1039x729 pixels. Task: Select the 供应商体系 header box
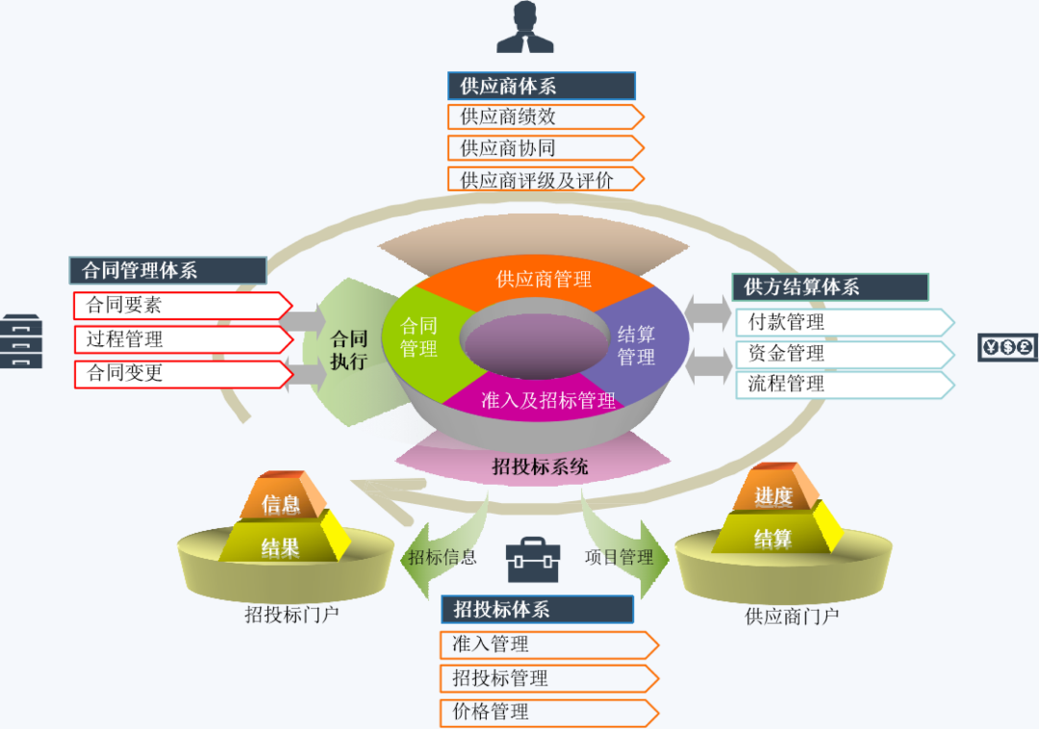541,86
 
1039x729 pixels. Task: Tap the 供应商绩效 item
545,117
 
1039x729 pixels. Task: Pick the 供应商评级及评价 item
545,179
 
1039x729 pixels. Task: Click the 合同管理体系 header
167,270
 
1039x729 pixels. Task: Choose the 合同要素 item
182,306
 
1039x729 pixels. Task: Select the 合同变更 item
182,373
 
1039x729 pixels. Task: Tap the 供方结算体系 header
830,287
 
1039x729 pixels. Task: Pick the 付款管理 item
844,322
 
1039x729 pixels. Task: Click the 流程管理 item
844,385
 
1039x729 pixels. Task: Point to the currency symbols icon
1008,347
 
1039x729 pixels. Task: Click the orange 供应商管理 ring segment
544,280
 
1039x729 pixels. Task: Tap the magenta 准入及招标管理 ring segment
547,400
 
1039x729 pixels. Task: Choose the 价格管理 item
548,713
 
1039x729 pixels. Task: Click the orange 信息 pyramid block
281,503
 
